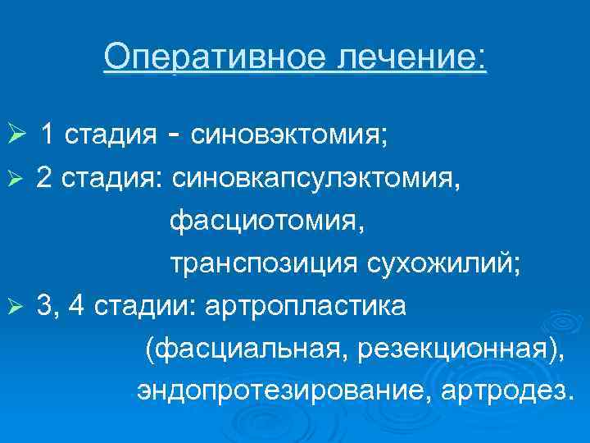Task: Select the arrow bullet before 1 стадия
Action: pos(24,135)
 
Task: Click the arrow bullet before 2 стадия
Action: pos(24,179)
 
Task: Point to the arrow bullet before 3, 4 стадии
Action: pos(24,307)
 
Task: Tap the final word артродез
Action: pos(503,390)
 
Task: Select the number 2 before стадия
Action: pos(44,178)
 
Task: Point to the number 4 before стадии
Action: pos(79,306)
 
